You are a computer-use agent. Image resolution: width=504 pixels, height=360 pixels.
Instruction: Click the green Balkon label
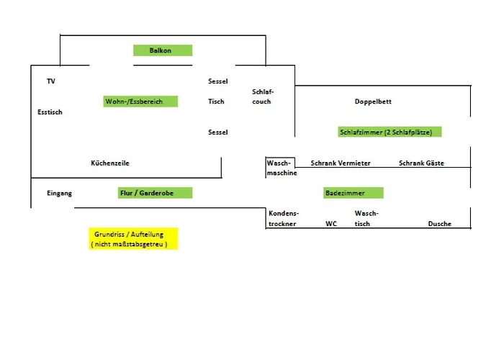coord(163,50)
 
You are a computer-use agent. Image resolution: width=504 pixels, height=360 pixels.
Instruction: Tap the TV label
coord(51,81)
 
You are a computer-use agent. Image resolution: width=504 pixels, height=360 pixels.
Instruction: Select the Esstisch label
coord(50,112)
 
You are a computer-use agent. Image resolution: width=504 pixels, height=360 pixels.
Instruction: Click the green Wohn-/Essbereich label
coord(140,102)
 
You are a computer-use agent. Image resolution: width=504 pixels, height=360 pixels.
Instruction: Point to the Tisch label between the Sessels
coord(216,102)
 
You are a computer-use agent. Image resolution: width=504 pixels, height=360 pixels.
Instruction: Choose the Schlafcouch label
coord(263,96)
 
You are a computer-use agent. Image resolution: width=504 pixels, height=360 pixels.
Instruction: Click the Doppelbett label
coord(373,102)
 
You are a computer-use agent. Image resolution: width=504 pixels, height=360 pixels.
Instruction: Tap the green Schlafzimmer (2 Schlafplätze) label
coord(390,132)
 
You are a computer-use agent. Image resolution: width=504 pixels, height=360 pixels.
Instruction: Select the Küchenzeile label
coord(110,163)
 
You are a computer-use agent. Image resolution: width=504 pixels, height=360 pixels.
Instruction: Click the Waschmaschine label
coord(282,168)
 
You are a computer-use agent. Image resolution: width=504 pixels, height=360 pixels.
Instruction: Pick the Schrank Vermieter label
coord(341,163)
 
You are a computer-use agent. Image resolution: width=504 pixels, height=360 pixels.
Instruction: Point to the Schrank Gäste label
coord(421,163)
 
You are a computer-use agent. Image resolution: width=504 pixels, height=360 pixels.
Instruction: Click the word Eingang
coord(60,193)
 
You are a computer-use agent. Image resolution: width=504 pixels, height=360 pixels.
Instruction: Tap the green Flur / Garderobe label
coord(155,193)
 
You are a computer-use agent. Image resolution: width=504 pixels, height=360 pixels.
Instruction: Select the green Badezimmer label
coord(354,193)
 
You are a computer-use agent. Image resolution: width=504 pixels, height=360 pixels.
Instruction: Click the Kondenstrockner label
coord(284,219)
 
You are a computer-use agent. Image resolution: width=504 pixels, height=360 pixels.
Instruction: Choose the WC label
coord(331,224)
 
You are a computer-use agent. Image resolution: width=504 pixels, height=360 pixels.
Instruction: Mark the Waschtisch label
coord(366,219)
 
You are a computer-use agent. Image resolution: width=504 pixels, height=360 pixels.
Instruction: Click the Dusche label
coord(439,224)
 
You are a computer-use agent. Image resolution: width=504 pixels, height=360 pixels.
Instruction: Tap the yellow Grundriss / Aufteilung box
coord(133,239)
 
